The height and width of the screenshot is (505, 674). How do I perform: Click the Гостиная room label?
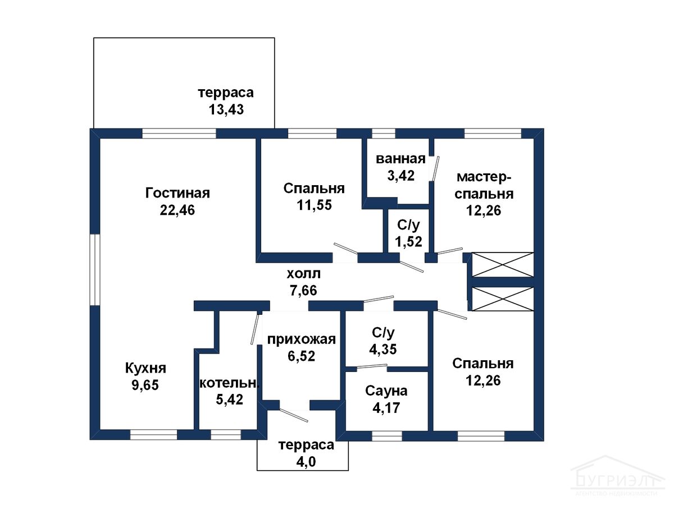click(177, 193)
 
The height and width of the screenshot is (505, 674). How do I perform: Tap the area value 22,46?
click(177, 210)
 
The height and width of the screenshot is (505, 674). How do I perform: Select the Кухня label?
click(145, 368)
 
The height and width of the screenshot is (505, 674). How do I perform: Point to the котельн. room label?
click(229, 383)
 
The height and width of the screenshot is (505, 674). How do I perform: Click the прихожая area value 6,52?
click(301, 356)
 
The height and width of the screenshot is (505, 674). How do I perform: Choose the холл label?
click(303, 274)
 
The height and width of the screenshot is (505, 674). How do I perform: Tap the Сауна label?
click(386, 391)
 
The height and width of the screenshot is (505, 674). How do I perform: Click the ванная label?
click(400, 159)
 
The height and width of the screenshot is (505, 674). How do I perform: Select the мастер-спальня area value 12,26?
click(484, 210)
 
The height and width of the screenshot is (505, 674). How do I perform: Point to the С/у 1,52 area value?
click(408, 242)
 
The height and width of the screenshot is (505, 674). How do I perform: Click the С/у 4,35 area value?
click(383, 349)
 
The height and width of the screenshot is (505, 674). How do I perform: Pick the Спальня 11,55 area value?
click(314, 205)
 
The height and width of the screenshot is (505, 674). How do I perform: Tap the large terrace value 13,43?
click(226, 109)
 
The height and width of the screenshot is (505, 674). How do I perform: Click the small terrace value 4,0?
click(306, 462)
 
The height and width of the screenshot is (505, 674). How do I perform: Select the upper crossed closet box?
click(502, 265)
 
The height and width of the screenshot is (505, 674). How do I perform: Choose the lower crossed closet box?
click(502, 299)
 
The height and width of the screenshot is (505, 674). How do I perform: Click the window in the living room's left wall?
click(95, 270)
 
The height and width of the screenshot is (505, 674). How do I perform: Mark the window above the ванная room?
click(384, 134)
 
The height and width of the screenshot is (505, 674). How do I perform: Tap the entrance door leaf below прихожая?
click(294, 415)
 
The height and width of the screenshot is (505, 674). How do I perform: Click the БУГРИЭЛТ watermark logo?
click(617, 480)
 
